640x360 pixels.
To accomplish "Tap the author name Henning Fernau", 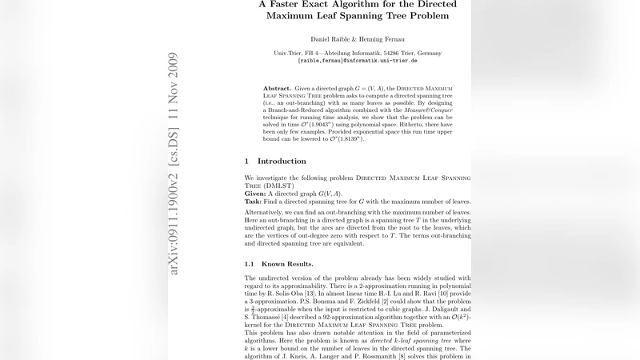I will coord(388,39).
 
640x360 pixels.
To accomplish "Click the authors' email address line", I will coord(357,61).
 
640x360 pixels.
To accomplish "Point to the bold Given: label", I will coord(257,194).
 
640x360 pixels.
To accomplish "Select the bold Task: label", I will coord(255,202).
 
